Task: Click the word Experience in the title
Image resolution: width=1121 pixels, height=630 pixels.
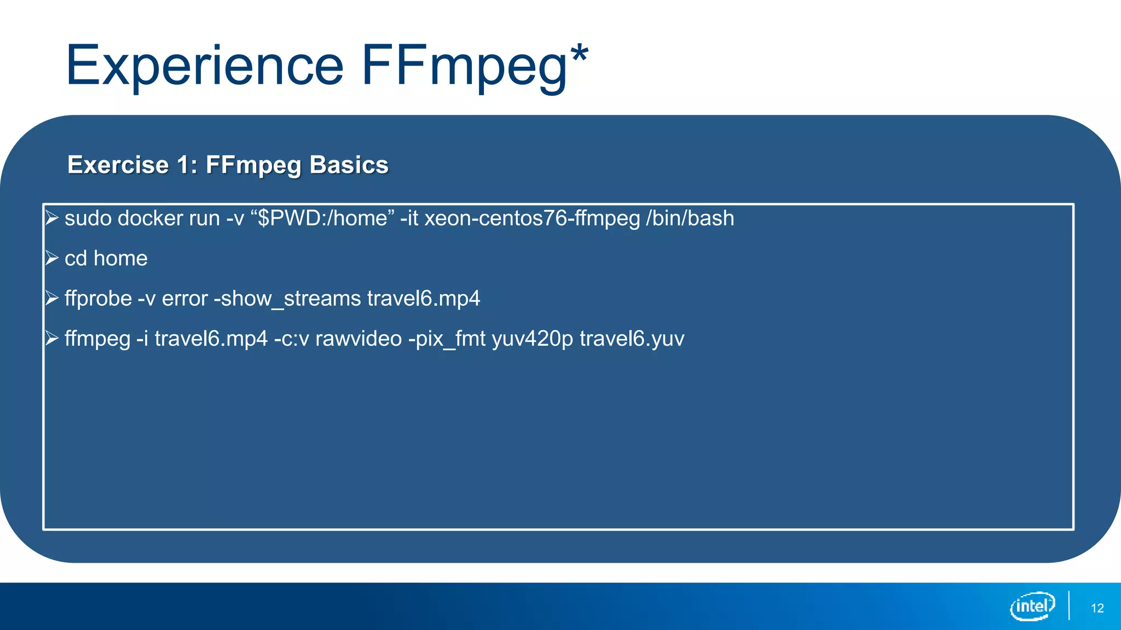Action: [204, 67]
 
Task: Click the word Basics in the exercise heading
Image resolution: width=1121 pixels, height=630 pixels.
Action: [349, 165]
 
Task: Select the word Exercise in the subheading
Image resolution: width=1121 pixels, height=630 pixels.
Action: [118, 165]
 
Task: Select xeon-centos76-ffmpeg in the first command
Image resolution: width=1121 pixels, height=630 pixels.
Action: [532, 218]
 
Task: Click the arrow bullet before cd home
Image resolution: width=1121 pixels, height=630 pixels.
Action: [52, 258]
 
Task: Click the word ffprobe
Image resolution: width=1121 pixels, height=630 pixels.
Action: [98, 299]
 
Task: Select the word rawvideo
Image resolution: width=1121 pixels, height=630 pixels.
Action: [359, 339]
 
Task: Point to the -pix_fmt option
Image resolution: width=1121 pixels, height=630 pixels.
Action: [447, 339]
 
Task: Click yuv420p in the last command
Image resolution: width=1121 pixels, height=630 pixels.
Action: [532, 339]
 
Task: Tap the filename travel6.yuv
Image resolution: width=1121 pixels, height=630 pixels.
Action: [632, 339]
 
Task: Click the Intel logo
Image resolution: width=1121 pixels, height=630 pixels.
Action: [1032, 606]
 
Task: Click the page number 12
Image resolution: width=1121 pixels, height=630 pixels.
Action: [1097, 608]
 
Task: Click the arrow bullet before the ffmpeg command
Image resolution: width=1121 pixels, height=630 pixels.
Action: [52, 339]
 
